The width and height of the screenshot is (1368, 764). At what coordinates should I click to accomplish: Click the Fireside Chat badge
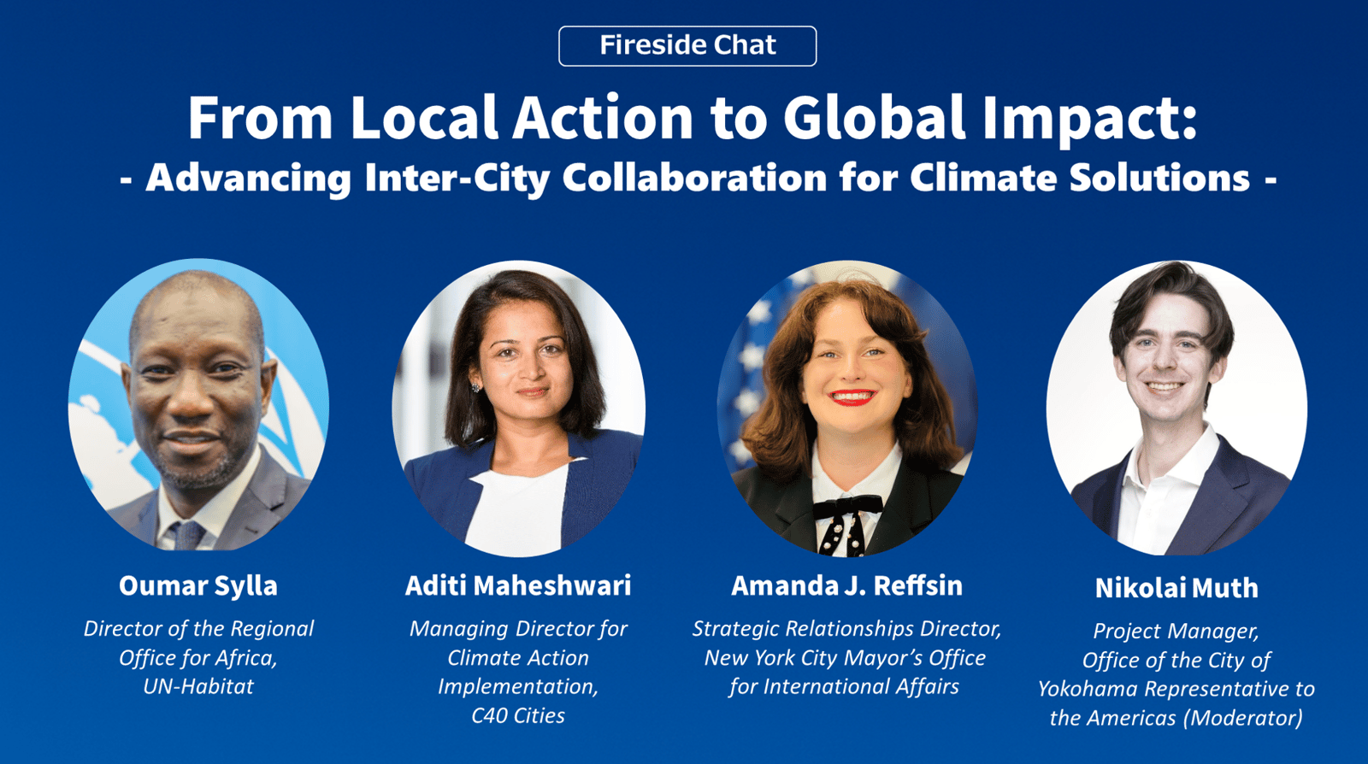click(687, 46)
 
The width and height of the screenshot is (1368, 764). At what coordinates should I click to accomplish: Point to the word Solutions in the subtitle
click(1159, 178)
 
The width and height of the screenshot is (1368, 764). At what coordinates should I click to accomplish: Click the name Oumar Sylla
click(198, 585)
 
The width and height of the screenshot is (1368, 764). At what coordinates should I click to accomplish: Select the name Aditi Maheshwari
click(518, 585)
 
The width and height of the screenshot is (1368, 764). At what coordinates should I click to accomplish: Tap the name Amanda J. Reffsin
click(846, 585)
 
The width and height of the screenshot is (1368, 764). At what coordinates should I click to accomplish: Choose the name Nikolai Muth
click(1176, 588)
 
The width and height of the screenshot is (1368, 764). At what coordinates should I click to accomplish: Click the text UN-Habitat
click(198, 686)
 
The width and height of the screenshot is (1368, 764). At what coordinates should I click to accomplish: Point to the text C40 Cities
click(518, 715)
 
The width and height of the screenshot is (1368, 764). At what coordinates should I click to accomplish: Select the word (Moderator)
click(1242, 718)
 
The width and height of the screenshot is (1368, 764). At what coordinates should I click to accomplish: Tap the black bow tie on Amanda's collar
click(847, 507)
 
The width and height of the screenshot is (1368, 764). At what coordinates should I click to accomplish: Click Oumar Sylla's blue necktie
click(187, 535)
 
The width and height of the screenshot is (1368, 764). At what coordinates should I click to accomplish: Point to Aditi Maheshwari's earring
click(475, 387)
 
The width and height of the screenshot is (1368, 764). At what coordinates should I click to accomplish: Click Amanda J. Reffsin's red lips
click(852, 397)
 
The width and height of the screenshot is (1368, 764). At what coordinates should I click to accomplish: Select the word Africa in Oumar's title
click(245, 658)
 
